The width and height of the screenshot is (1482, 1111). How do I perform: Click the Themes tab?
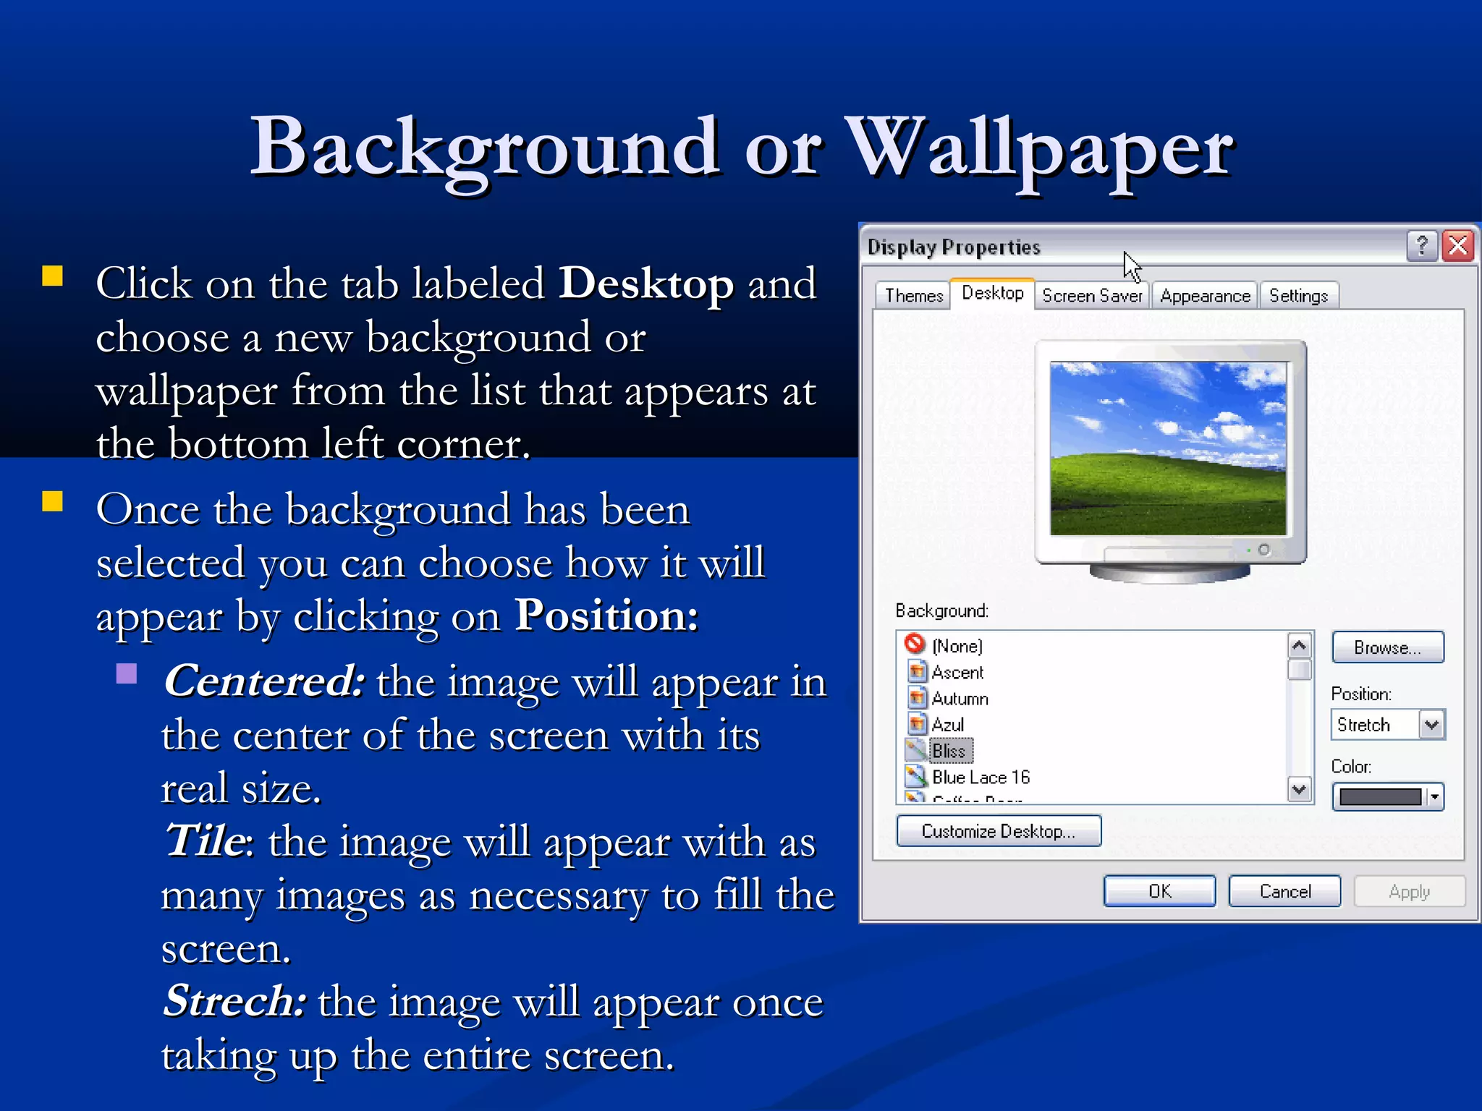[x=913, y=296]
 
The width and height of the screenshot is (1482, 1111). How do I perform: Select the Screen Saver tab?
[x=1092, y=296]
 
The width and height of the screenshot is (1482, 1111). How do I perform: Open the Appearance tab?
[x=1205, y=296]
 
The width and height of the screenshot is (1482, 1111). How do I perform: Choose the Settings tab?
[x=1298, y=296]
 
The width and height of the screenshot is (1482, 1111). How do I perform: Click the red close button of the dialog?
[x=1458, y=246]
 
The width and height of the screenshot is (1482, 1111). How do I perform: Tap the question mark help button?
[x=1421, y=246]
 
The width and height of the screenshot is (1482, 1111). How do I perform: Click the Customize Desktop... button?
[x=999, y=831]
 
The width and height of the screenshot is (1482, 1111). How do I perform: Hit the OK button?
[x=1159, y=891]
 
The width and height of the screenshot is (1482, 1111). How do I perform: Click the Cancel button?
[x=1284, y=891]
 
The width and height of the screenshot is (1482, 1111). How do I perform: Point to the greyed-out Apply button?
[x=1409, y=891]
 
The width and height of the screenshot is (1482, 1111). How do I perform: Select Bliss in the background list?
[x=949, y=751]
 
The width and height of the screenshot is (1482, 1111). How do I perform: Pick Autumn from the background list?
[x=960, y=699]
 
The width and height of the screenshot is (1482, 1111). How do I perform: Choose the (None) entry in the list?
[x=957, y=646]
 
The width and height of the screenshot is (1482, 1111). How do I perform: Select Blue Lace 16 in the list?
[x=981, y=778]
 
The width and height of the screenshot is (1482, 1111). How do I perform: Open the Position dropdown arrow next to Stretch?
[x=1431, y=724]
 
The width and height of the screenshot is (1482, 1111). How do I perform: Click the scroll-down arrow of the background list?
[x=1300, y=789]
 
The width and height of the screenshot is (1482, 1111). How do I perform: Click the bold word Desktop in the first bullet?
[x=646, y=283]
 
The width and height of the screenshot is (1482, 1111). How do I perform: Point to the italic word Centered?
[x=264, y=681]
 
